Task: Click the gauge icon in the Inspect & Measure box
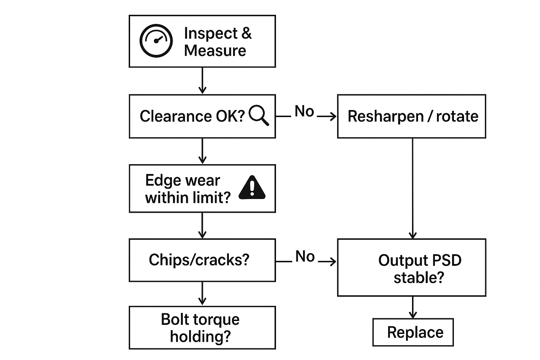(156, 41)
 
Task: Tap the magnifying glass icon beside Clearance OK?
(259, 116)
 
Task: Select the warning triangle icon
(252, 188)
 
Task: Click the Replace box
(413, 332)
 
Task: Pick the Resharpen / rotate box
(411, 116)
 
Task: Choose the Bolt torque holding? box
(202, 328)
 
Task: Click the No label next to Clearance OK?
(304, 111)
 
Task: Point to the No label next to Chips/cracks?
(305, 257)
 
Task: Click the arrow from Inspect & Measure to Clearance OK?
(202, 81)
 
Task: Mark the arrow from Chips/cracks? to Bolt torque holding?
(202, 294)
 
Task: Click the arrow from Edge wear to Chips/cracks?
(202, 225)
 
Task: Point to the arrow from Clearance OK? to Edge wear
(202, 151)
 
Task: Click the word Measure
(215, 51)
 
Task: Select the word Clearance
(175, 116)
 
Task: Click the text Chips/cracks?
(199, 260)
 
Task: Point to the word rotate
(457, 116)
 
